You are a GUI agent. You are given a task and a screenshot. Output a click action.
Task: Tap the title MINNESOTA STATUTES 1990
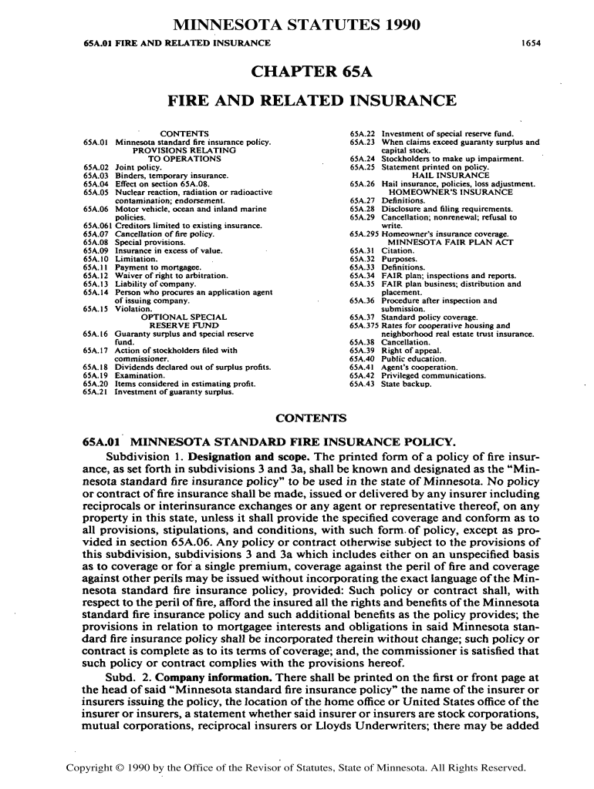(296, 25)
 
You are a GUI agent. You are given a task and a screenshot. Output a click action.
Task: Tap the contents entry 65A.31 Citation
(382, 250)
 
